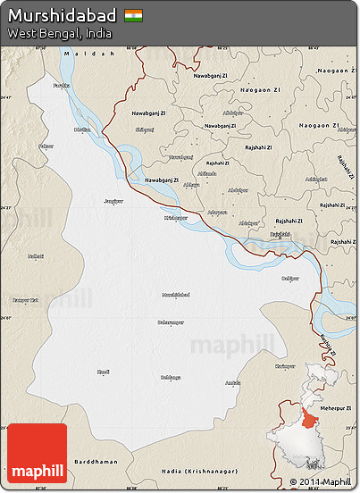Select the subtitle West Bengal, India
(x=60, y=33)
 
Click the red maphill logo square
(x=37, y=453)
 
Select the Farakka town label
(x=61, y=85)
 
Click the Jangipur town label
(x=113, y=201)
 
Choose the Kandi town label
(x=104, y=370)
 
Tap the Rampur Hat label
(x=26, y=300)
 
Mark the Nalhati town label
(x=36, y=256)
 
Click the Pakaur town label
(x=46, y=145)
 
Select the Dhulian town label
(x=82, y=130)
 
